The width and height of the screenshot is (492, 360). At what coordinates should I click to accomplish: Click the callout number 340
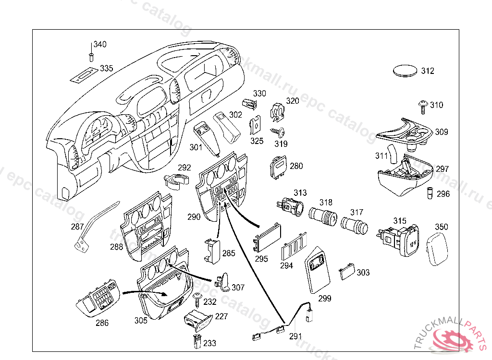[x=100, y=45]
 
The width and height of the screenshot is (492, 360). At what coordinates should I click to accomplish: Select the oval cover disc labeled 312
[x=406, y=71]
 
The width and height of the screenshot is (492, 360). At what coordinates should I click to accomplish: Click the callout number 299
[x=325, y=298]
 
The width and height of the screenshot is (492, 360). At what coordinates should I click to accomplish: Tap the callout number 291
[x=295, y=336]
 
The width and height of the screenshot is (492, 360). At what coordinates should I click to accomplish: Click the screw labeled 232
[x=197, y=300]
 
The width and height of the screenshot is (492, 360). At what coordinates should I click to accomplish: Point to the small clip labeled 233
[x=196, y=342]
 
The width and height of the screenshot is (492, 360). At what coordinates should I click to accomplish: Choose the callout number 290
[x=194, y=217]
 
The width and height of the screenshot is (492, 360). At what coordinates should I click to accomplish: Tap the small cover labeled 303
[x=346, y=273]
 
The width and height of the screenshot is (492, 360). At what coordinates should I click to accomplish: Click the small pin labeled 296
[x=430, y=194]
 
